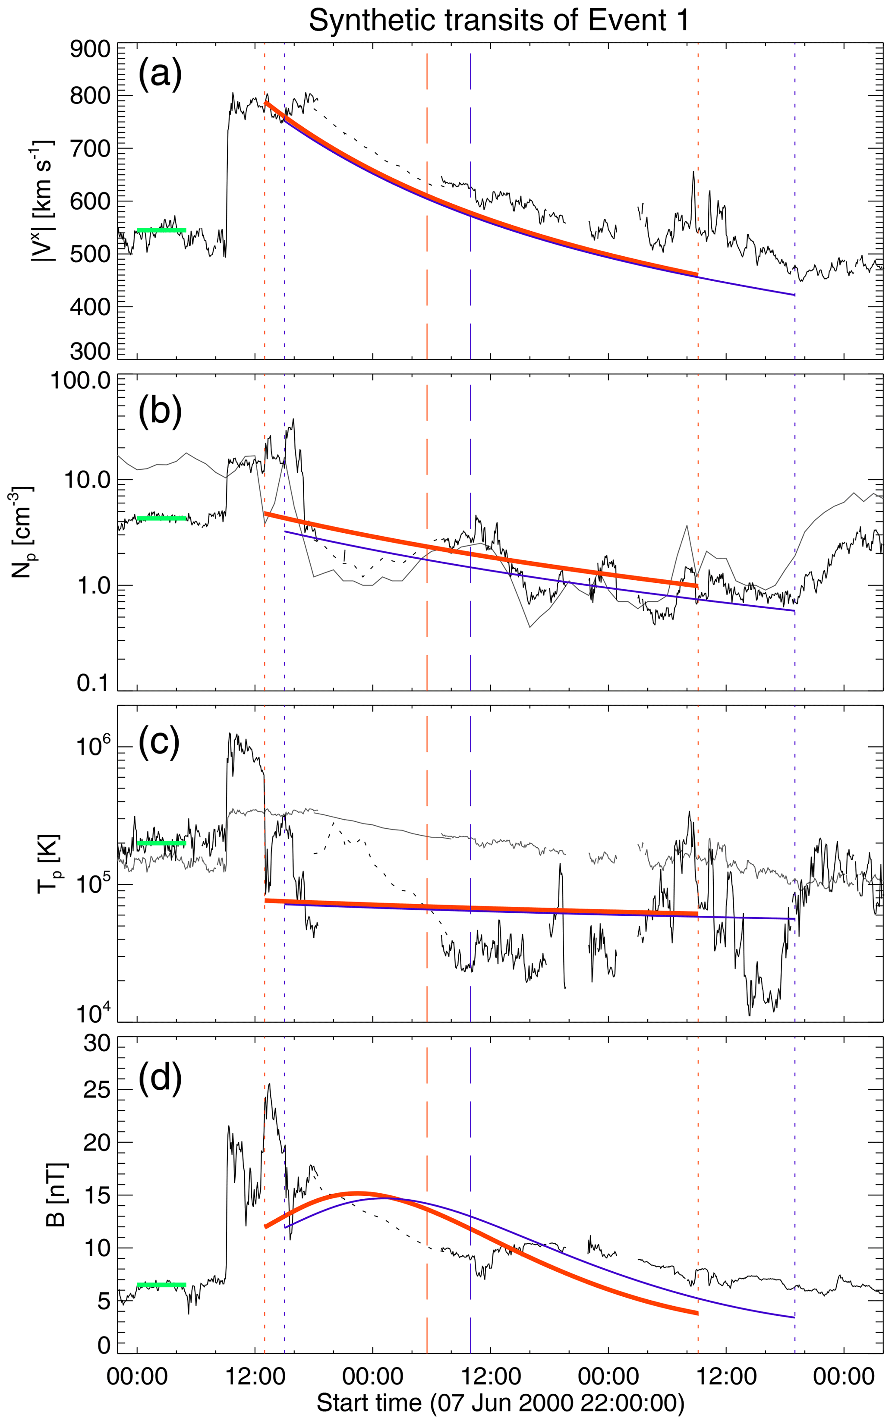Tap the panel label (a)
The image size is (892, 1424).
pos(159,75)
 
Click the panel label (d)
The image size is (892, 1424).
pos(159,1076)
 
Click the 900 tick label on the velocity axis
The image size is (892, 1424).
pos(90,50)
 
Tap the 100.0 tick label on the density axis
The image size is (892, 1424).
pos(81,381)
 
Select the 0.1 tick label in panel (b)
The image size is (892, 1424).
pos(93,683)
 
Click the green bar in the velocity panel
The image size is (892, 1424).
pos(161,230)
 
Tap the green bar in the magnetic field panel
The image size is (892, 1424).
pos(161,1285)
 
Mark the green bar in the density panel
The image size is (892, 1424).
pos(161,518)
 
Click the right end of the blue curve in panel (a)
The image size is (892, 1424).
pos(794,295)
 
